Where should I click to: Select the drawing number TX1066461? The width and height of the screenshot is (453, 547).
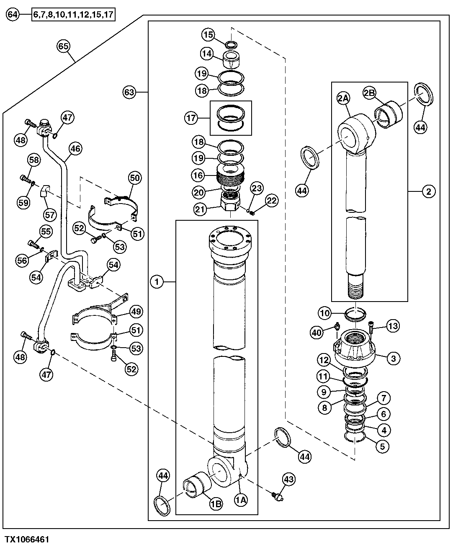[x=27, y=538]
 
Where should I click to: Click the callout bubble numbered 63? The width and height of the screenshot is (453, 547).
[x=130, y=92]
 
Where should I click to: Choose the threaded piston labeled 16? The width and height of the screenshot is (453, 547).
[x=230, y=176]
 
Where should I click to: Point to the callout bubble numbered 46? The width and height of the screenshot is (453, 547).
[x=75, y=148]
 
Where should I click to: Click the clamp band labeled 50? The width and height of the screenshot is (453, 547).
[x=119, y=199]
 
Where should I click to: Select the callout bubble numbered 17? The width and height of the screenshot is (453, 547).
[x=191, y=118]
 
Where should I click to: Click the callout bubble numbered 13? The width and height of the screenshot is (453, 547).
[x=393, y=326]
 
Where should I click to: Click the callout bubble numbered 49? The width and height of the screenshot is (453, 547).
[x=136, y=311]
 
